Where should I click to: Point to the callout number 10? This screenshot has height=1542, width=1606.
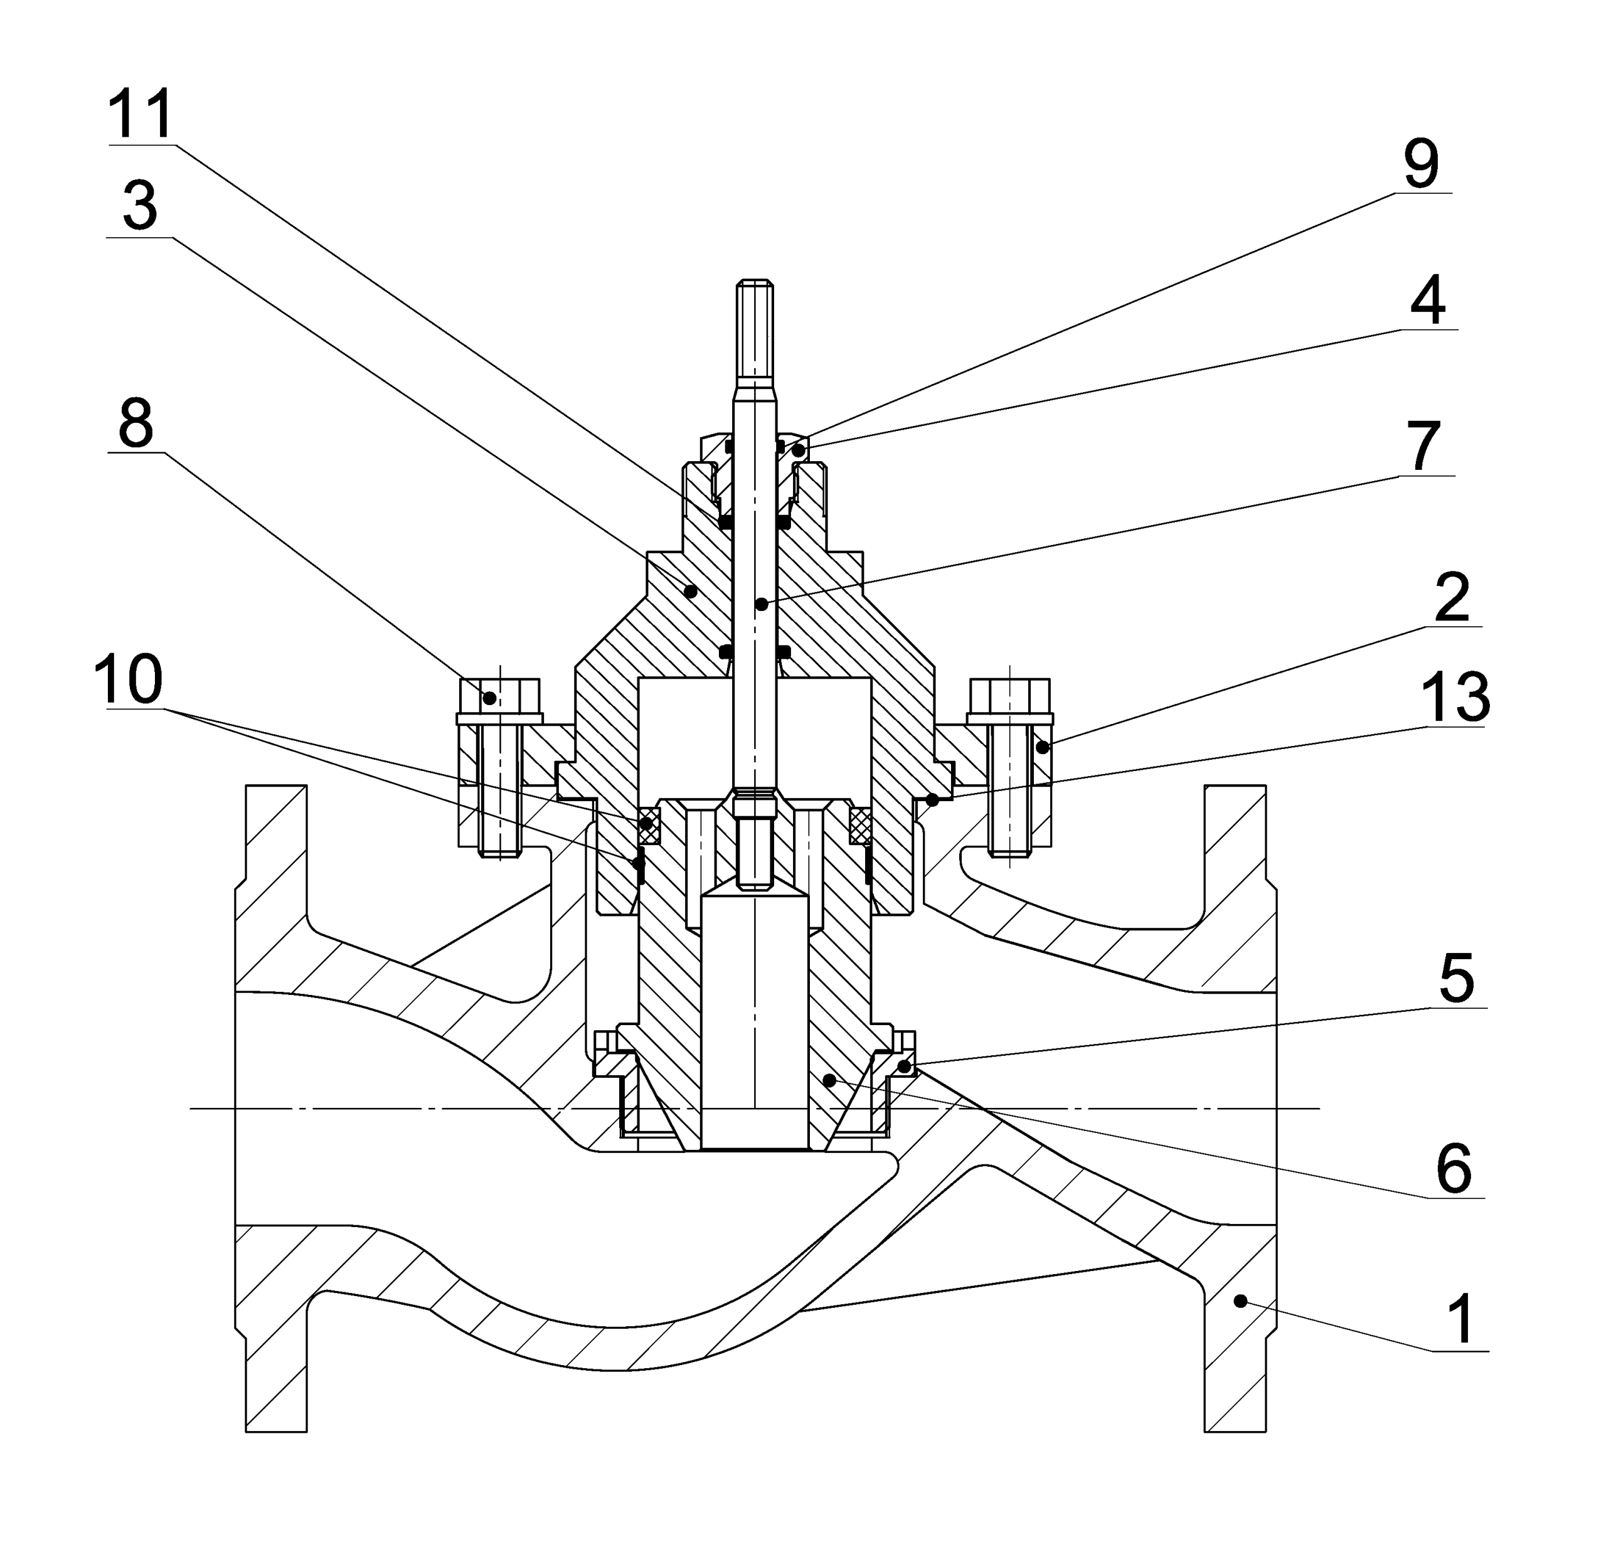[128, 679]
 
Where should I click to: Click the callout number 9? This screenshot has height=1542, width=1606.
[1421, 164]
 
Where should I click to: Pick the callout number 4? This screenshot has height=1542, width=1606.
[1427, 302]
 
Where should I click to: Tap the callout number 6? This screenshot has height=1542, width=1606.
[1454, 1170]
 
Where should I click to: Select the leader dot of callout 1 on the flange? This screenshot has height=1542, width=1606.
[1240, 1300]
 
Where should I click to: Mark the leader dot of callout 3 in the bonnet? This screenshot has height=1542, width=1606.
[691, 590]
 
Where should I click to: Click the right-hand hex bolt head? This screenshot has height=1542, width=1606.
[1009, 696]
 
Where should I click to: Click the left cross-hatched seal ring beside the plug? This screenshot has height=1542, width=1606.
[649, 826]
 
